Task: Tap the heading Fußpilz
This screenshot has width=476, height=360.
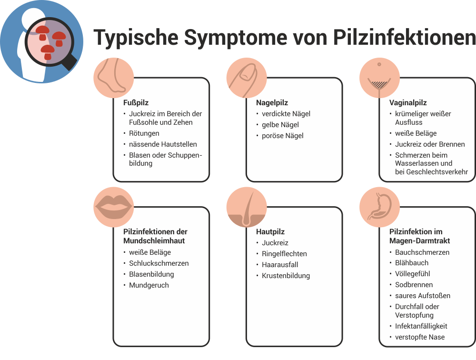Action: click(136, 102)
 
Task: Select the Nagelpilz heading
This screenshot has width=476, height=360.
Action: click(272, 102)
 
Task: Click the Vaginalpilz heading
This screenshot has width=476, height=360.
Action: click(408, 102)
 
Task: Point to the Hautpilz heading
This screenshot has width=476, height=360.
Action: click(270, 232)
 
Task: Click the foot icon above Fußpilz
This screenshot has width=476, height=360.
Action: click(113, 78)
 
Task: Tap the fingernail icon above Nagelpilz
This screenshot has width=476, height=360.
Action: click(246, 78)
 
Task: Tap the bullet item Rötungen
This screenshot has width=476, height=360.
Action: click(144, 133)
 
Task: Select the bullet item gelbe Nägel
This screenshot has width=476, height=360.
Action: click(280, 125)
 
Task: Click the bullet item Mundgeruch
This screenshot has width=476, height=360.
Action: click(149, 285)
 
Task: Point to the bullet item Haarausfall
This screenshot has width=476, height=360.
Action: click(280, 265)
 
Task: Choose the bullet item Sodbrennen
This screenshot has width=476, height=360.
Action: click(414, 285)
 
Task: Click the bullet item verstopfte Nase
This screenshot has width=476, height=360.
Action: click(420, 337)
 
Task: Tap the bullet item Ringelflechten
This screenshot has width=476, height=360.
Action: click(284, 254)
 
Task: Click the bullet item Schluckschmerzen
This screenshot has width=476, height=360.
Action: click(159, 263)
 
